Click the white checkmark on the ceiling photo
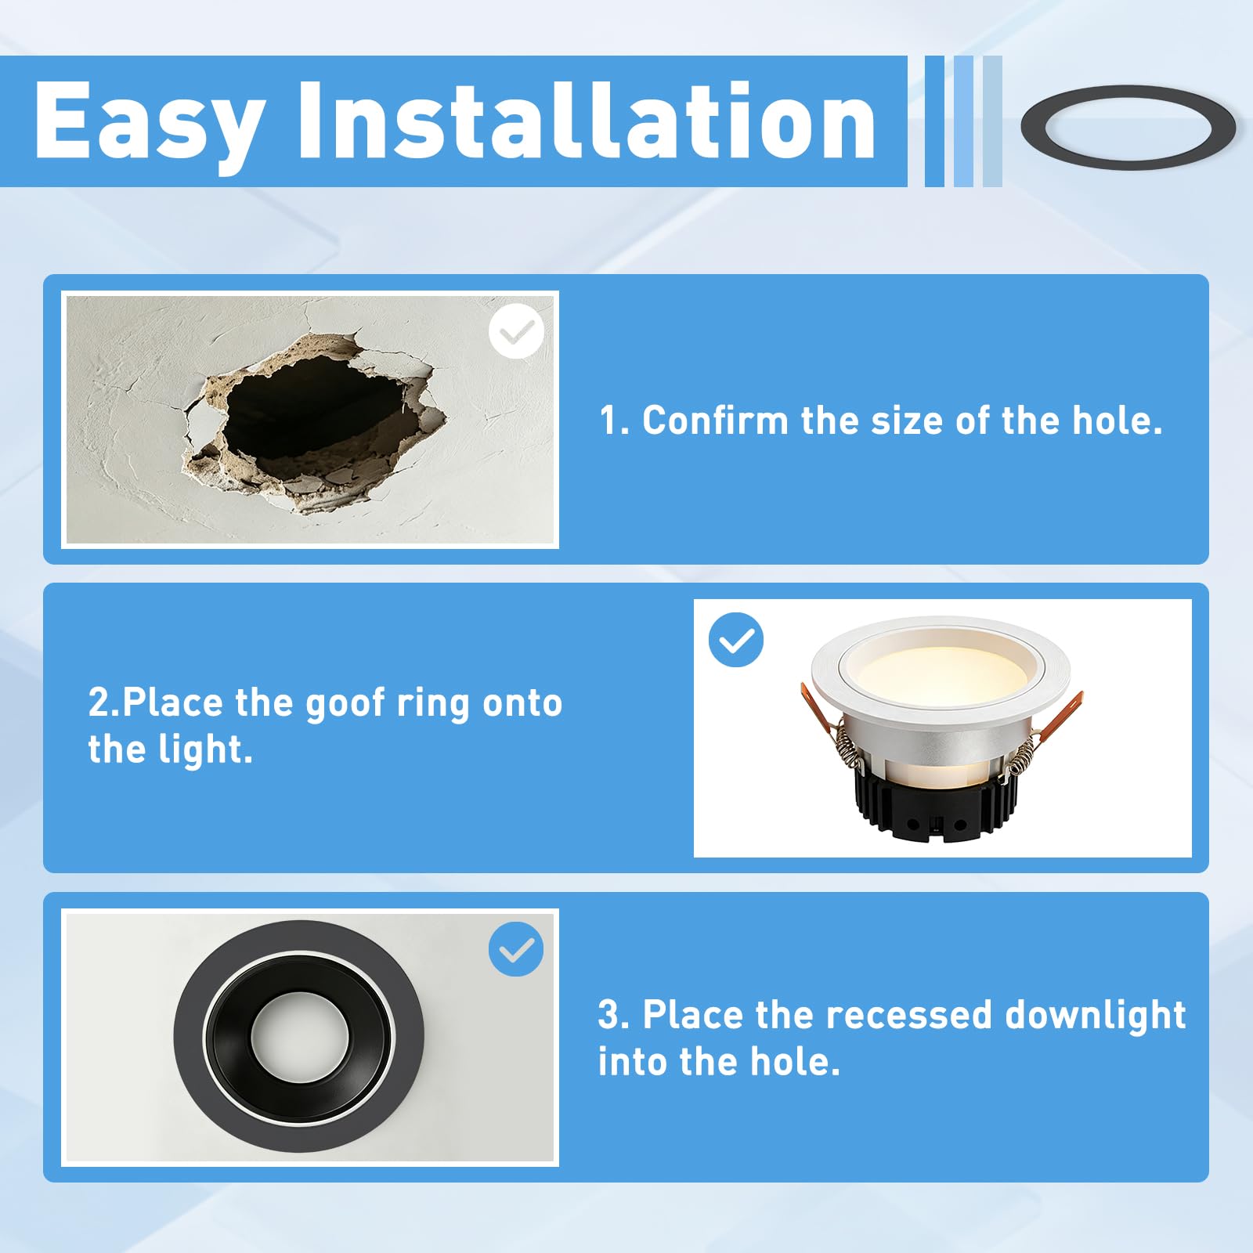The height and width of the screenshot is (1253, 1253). tap(516, 331)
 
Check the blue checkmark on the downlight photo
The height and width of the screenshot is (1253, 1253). tap(736, 640)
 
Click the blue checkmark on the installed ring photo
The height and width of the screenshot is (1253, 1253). tap(516, 949)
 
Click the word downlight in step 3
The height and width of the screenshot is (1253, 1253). tap(1096, 1015)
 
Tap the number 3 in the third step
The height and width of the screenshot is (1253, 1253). tap(608, 1015)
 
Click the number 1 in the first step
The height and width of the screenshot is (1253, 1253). tap(608, 421)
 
